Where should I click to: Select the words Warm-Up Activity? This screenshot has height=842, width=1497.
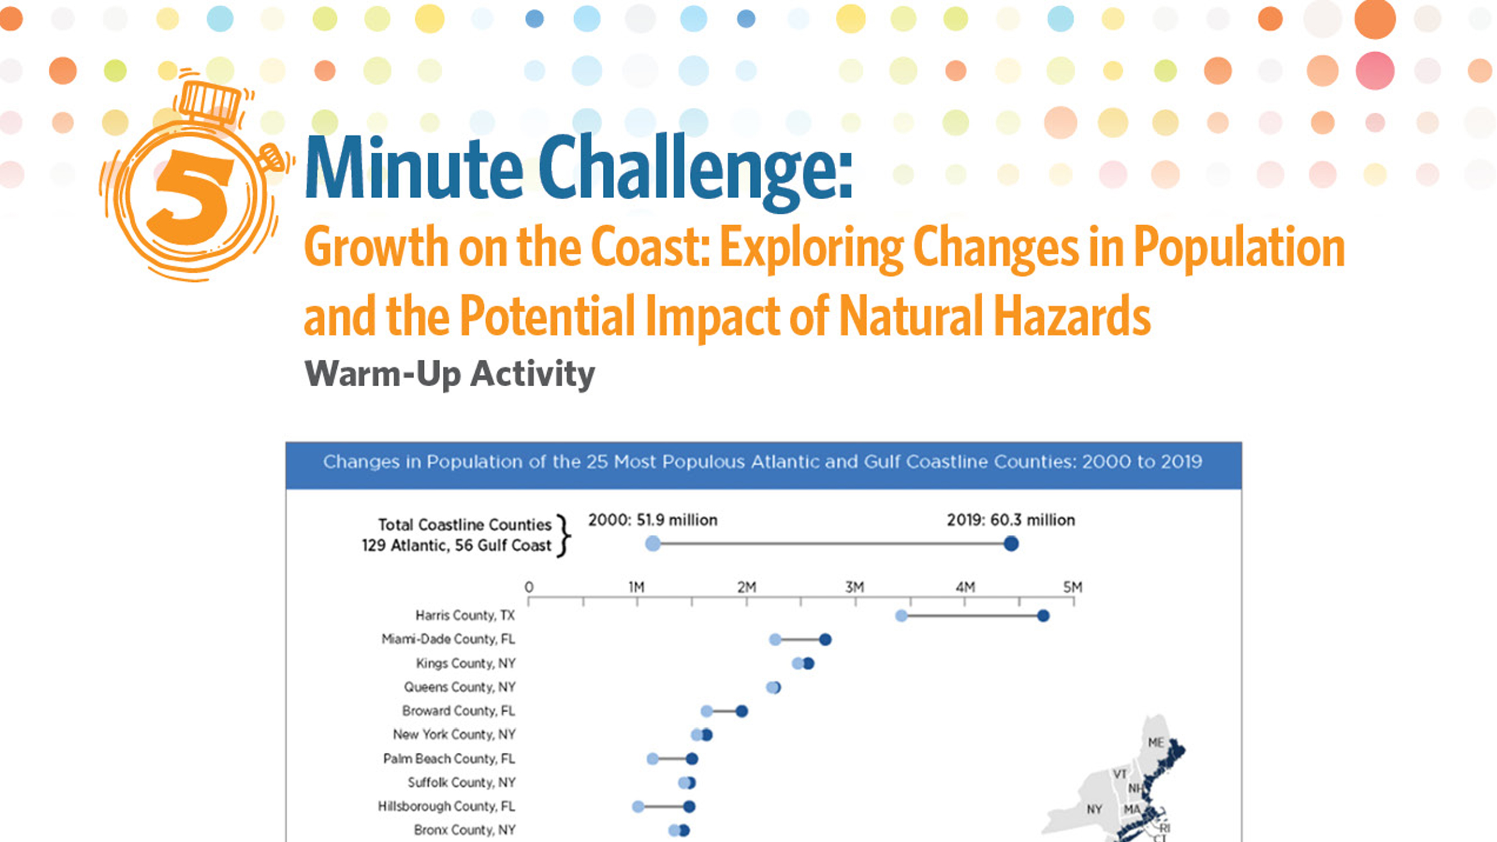coord(449,374)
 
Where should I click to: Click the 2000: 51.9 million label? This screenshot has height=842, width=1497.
coord(653,520)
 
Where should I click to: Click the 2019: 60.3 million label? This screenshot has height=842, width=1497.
coord(1010,520)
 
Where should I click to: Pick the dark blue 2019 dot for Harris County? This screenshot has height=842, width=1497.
coord(1043,616)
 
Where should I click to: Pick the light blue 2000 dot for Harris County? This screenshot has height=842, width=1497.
coord(901,616)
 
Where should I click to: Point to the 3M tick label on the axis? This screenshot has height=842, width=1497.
coord(854,588)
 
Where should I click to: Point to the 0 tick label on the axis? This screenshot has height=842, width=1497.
coord(529,588)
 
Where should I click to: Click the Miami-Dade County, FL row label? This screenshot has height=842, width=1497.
coord(448,639)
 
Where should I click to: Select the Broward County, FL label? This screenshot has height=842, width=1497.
coord(458,711)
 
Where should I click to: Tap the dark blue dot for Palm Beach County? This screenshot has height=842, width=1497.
coord(692,759)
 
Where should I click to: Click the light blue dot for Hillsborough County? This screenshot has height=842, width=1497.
coord(638,807)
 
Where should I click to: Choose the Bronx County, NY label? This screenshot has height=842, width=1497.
coord(464,830)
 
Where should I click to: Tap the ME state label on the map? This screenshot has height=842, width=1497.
coord(1156,743)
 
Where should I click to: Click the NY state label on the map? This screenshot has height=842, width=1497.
coord(1095,809)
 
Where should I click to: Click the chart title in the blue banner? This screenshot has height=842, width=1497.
coord(762,462)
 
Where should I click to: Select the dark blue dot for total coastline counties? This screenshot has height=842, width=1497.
coord(1011,544)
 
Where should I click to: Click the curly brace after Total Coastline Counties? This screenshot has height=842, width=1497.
coord(562,535)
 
